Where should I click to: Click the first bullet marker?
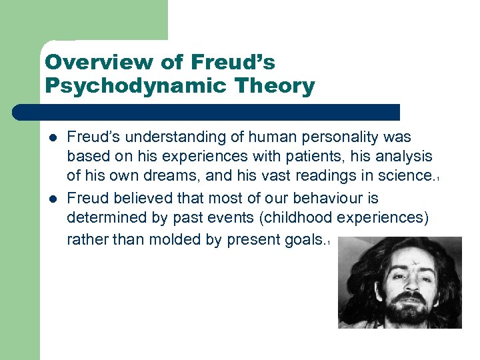click(x=53, y=138)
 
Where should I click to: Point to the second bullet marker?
click(x=53, y=199)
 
